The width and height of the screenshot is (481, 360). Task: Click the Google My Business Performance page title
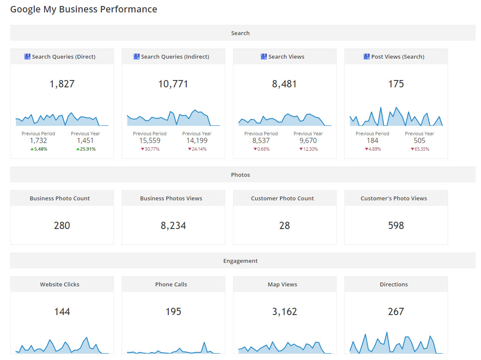pos(84,9)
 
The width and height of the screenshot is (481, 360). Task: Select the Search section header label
pos(240,33)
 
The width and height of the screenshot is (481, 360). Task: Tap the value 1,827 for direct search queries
pos(62,84)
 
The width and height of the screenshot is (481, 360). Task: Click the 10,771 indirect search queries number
pos(173,84)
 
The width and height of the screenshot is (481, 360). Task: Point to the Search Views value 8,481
pos(284,84)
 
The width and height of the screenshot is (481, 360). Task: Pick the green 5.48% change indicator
pos(39,149)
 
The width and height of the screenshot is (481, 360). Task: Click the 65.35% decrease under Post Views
pos(419,149)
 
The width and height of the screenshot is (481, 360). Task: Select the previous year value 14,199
pos(197,140)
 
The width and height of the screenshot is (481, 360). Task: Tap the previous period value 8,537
pos(261,140)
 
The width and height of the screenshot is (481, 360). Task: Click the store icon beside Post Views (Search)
pos(366,57)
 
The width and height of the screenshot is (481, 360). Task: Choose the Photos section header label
pos(240,175)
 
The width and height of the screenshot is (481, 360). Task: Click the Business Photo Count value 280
pos(62,226)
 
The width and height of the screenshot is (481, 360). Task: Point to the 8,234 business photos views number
pos(173,226)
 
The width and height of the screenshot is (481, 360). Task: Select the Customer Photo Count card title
pos(282,198)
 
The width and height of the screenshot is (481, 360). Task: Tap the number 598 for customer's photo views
pos(396,226)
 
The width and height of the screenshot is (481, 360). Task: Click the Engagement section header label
pos(240,261)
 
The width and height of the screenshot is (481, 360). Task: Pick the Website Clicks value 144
pos(62,312)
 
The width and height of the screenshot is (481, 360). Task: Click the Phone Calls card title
pos(171,284)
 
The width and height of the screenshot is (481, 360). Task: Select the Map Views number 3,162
pos(284,312)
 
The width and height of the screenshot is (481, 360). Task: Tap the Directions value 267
pos(396,312)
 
